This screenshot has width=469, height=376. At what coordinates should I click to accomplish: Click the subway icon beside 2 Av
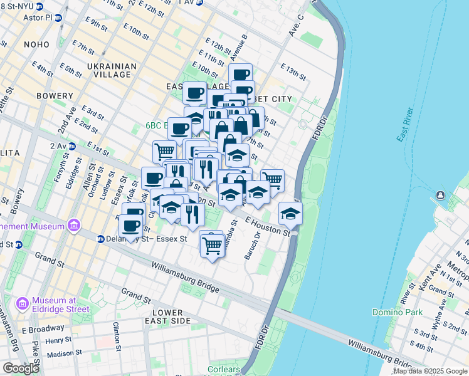[71, 146]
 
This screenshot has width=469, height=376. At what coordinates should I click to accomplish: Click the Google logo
[21, 368]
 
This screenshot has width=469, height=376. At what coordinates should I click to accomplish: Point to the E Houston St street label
[268, 227]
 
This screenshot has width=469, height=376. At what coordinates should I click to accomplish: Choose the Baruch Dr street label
[255, 245]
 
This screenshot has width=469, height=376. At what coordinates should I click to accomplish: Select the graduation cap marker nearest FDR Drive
[290, 213]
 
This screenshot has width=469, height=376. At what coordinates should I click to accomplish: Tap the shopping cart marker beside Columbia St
[212, 243]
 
